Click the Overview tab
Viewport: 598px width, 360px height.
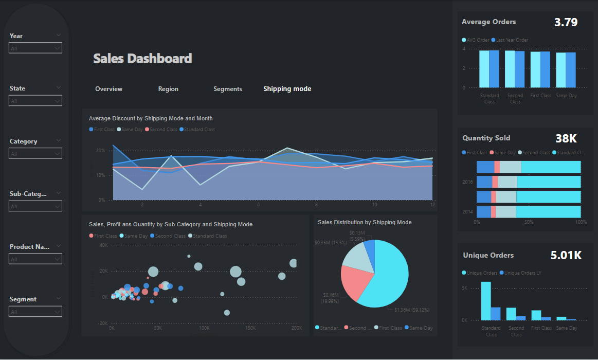[108, 89]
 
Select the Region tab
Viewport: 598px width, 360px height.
[168, 89]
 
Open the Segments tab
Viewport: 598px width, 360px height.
[227, 89]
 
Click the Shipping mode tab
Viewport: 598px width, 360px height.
[287, 89]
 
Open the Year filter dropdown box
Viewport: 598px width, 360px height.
[35, 48]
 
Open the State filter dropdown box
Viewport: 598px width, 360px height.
[35, 101]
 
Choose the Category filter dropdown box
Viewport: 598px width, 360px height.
[35, 154]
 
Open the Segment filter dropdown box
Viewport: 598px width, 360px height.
[35, 312]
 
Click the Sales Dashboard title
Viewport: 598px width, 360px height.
[142, 59]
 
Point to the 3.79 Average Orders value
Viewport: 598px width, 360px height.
[566, 22]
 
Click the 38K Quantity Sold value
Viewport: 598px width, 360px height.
[566, 138]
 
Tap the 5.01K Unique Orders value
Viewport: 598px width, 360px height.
[566, 255]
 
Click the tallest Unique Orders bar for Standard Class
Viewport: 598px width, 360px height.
[486, 301]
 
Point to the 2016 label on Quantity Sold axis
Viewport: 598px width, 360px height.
[467, 182]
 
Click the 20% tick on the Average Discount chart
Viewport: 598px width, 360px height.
[100, 151]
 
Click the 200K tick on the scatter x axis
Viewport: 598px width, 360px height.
[297, 328]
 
